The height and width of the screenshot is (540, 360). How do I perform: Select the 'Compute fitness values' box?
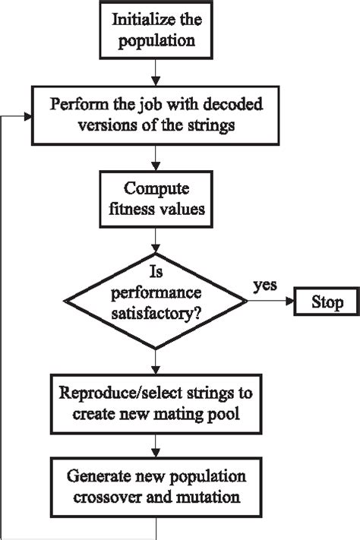click(x=156, y=198)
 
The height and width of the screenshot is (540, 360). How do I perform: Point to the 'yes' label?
click(x=264, y=285)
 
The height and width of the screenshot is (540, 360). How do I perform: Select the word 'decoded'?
click(x=230, y=104)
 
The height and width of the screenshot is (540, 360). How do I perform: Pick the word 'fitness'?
click(x=135, y=208)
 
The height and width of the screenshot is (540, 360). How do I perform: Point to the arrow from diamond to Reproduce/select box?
click(x=155, y=358)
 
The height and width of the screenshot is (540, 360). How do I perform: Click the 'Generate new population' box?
click(x=155, y=487)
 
